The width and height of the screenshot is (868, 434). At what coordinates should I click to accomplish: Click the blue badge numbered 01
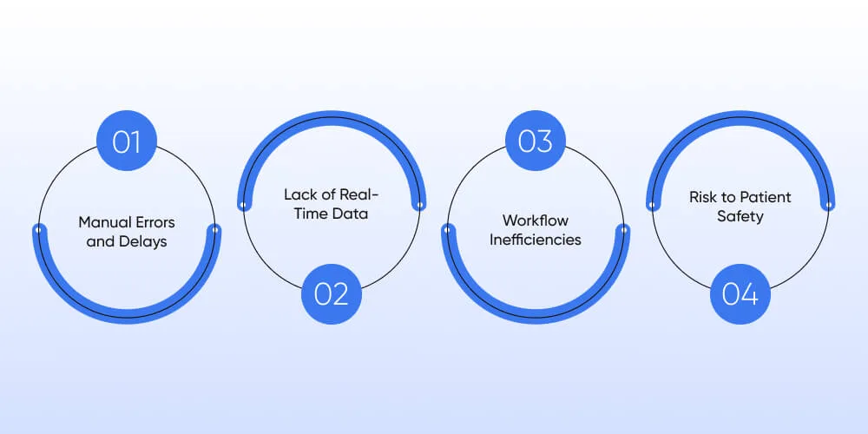[x=127, y=141]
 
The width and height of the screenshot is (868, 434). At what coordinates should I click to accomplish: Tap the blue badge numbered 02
[x=332, y=294]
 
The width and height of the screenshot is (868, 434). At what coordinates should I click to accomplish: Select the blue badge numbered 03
[x=536, y=141]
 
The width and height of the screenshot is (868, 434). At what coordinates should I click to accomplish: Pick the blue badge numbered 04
[x=740, y=294]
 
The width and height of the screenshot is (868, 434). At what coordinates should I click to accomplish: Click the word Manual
[x=102, y=222]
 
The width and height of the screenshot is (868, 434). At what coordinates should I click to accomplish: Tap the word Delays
[x=145, y=242]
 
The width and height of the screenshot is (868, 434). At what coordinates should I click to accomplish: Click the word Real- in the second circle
[x=359, y=194]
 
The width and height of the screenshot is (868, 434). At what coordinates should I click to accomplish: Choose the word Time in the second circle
[x=308, y=214]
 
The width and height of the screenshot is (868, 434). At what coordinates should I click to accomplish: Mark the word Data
[x=348, y=214]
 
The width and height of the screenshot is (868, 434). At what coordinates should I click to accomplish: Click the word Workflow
[x=536, y=220]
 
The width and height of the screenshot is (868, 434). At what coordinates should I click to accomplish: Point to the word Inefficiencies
[x=536, y=240]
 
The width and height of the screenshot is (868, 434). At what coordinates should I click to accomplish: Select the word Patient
[x=768, y=196]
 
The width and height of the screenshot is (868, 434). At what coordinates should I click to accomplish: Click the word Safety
[x=740, y=216]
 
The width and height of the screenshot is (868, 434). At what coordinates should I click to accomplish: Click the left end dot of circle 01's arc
[x=38, y=229]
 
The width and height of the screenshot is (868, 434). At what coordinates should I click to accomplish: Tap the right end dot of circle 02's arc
[x=419, y=205]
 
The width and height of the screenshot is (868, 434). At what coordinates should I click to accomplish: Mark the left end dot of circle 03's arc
[x=447, y=229]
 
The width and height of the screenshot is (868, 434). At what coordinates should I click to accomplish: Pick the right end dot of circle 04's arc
[x=829, y=205]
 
